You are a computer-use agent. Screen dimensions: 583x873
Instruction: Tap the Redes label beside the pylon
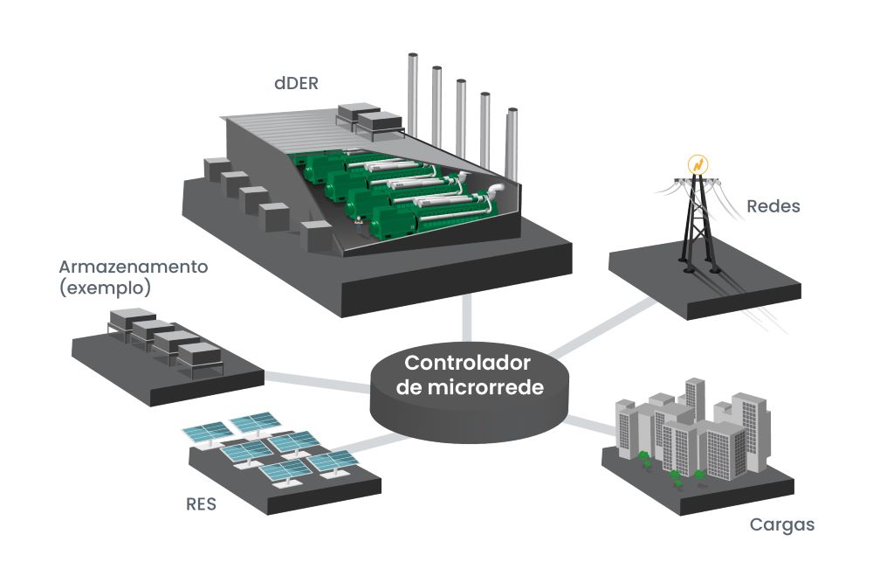[x=773, y=207]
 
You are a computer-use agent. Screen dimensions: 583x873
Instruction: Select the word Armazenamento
[x=133, y=267]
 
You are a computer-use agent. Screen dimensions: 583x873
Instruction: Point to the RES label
[x=201, y=504]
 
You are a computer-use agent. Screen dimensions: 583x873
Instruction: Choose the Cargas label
[x=782, y=525]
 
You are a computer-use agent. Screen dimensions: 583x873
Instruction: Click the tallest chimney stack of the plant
[x=412, y=87]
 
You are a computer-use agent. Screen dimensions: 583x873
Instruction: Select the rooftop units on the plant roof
[x=367, y=118]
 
